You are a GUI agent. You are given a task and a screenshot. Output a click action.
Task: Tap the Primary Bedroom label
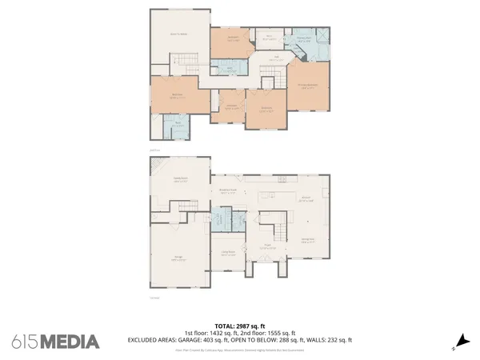(x=306, y=86)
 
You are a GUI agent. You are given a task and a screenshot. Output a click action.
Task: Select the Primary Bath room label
(x=304, y=38)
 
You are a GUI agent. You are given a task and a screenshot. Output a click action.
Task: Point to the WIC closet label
(x=270, y=35)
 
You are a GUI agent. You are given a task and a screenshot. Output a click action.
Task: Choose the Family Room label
(x=180, y=179)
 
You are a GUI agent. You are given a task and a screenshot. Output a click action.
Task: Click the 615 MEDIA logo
(x=56, y=342)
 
